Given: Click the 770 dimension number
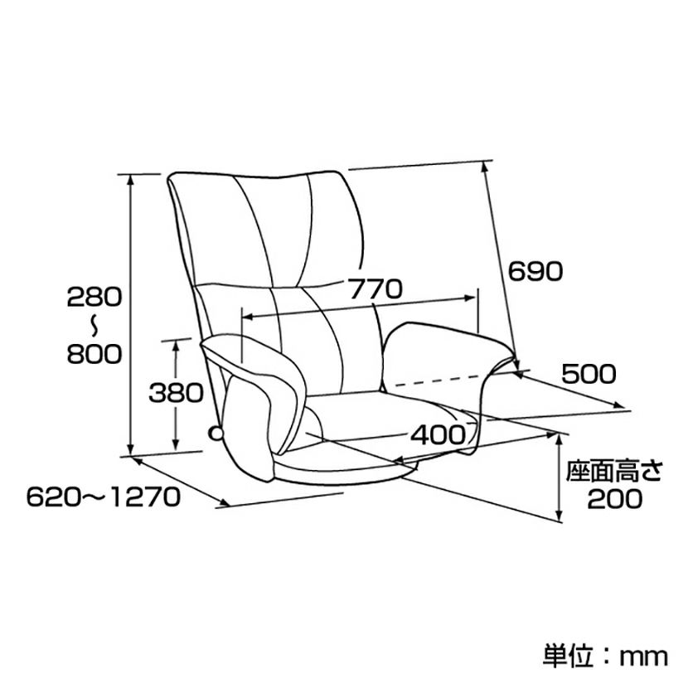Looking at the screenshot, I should tap(375, 289).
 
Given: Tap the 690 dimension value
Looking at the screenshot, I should tap(535, 270).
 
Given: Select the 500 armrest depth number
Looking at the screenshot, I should tap(588, 374).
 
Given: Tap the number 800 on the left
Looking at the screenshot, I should tap(94, 354).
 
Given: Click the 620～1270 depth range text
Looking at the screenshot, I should tap(103, 497).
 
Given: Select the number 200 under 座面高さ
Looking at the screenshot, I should tap(614, 498).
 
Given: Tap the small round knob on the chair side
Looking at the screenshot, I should tap(215, 433).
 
